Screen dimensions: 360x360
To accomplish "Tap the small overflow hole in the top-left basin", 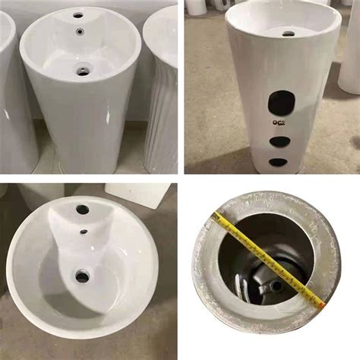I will pos(80,33).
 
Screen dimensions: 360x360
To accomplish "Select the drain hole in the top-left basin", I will pos(82,72).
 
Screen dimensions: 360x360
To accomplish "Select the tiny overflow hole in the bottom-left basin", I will pos(84,232).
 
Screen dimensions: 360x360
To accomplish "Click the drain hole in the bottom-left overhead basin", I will pos(81,276).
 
